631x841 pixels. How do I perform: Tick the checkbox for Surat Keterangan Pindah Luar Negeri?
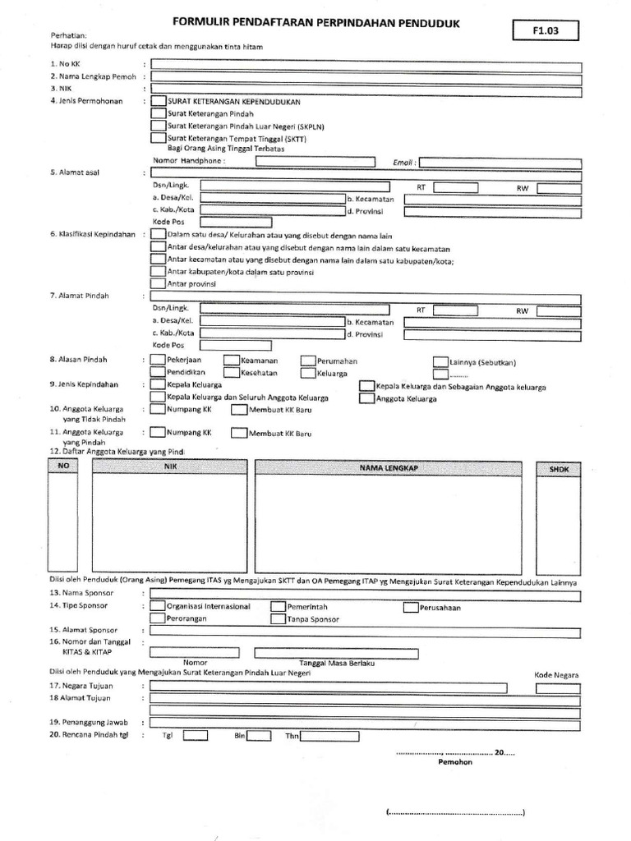click(x=158, y=126)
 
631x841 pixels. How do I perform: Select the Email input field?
click(x=501, y=162)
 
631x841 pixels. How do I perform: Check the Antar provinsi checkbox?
click(x=158, y=283)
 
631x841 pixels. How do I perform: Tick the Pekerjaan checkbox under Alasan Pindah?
click(x=158, y=361)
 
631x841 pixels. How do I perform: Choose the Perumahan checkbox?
click(x=307, y=361)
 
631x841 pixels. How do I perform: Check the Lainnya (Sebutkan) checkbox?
click(x=440, y=361)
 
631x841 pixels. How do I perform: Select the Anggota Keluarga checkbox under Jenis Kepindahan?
click(x=366, y=398)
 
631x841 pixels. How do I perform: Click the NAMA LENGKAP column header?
click(x=388, y=467)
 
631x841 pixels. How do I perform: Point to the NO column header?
click(x=64, y=466)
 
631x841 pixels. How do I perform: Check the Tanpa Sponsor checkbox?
click(x=278, y=619)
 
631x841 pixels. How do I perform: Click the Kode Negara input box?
click(x=557, y=687)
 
